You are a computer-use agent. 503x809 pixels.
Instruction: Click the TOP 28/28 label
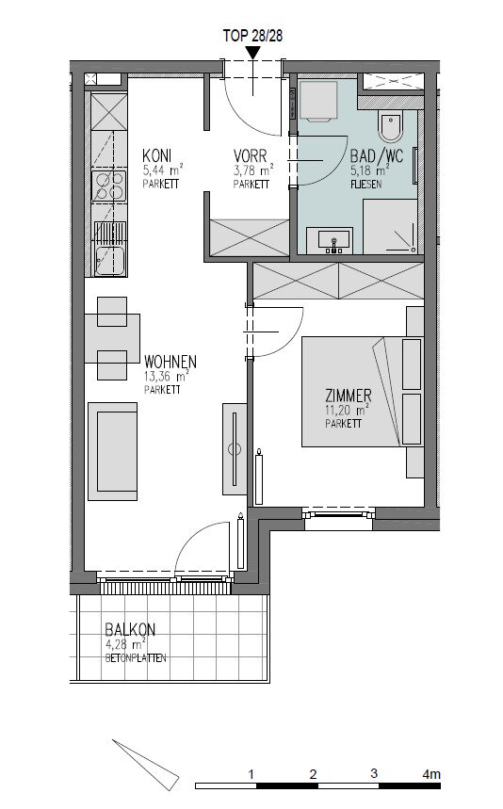click(252, 36)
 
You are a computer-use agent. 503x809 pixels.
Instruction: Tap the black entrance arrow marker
click(252, 53)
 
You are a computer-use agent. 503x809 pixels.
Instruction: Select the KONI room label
click(157, 155)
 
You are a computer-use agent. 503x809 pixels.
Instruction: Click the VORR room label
click(251, 155)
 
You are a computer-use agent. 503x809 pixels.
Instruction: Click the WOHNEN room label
click(170, 361)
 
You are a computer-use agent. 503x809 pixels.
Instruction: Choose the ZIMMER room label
click(349, 396)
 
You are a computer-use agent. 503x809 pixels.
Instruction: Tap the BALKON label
click(130, 629)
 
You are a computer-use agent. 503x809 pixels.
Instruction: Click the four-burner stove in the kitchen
click(109, 186)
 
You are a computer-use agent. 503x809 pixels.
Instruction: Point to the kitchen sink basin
click(109, 262)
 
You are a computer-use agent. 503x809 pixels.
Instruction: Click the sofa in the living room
click(112, 451)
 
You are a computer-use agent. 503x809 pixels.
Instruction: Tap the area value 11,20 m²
click(348, 411)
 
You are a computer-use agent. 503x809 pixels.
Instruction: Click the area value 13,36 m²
click(167, 376)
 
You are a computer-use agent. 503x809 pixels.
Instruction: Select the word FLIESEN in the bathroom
click(365, 185)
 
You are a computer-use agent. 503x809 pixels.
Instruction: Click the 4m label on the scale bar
click(431, 774)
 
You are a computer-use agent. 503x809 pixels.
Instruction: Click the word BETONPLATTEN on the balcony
click(136, 658)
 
